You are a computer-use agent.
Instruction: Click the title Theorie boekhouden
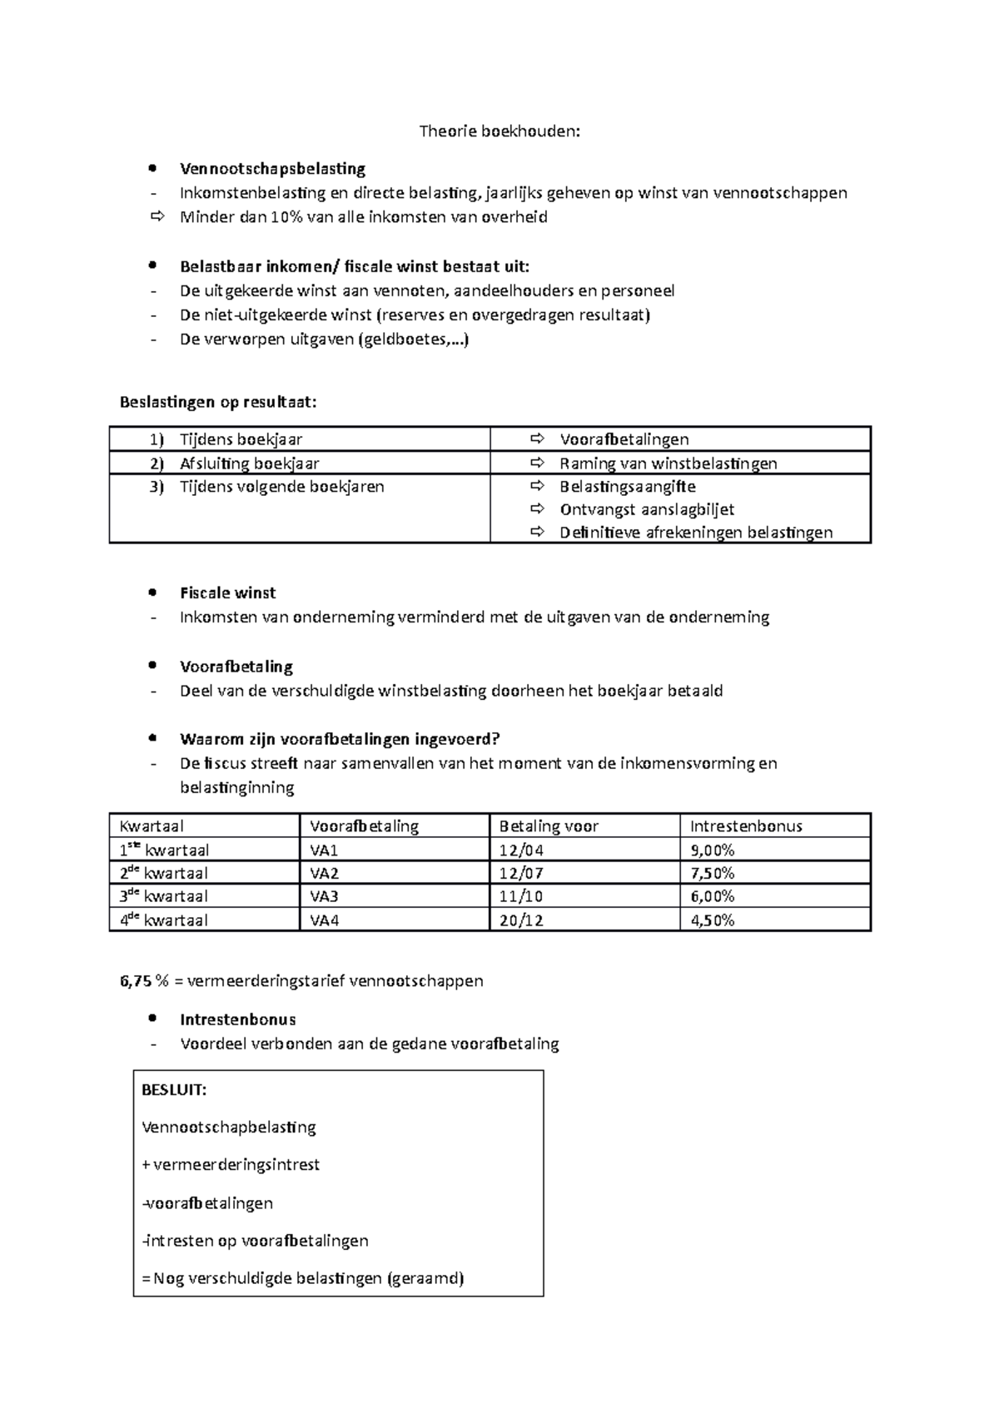(499, 131)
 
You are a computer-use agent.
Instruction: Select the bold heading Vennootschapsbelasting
(272, 169)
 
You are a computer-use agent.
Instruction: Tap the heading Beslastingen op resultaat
(218, 403)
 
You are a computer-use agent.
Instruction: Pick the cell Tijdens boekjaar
(241, 439)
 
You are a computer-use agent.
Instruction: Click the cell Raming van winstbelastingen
(668, 464)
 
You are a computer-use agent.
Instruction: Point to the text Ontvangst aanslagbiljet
(647, 509)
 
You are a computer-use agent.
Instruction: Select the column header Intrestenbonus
(746, 826)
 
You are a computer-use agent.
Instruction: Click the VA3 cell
(325, 896)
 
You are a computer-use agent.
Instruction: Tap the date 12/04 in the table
(521, 850)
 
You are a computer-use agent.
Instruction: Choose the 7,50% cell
(712, 873)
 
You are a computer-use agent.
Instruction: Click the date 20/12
(521, 920)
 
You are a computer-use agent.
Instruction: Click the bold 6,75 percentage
(136, 981)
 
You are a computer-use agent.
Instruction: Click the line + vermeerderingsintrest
(231, 1165)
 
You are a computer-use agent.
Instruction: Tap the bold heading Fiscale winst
(227, 593)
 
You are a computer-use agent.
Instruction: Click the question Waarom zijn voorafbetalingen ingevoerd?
(339, 740)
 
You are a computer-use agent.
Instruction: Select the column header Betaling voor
(549, 826)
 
